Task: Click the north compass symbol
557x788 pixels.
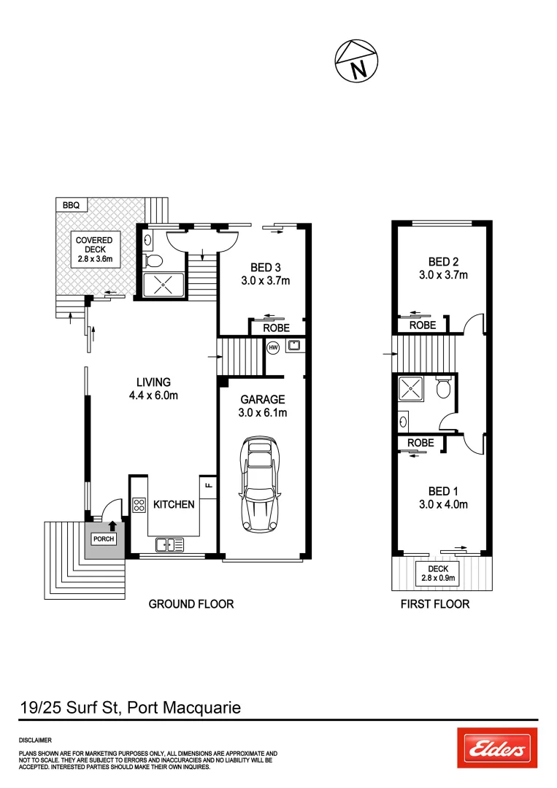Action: pos(357,62)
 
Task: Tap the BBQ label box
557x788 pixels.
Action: pos(71,206)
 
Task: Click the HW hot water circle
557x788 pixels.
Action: pos(274,347)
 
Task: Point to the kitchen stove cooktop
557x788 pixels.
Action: pos(139,505)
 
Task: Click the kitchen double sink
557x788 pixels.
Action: pos(169,544)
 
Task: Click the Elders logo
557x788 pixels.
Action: pos(497,749)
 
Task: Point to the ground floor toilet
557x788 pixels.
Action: pos(153,260)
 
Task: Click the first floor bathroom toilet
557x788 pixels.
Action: pos(442,389)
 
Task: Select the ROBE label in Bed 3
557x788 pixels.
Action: pos(276,328)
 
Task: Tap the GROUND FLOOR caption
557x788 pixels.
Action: pos(191,604)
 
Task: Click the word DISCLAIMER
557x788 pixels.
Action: pos(34,740)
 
